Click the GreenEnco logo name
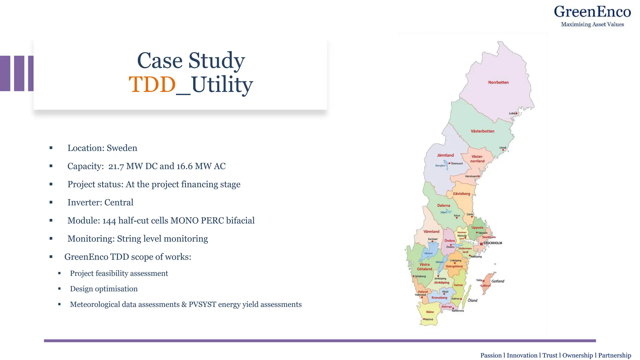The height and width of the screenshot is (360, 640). [x=592, y=12]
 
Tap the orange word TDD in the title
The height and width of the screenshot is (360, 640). [x=152, y=84]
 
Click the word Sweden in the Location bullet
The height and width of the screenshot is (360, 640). [x=122, y=148]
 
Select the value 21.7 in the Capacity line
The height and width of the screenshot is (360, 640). [x=116, y=166]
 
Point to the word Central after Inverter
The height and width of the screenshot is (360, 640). [x=119, y=202]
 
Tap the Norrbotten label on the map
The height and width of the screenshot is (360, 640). [x=498, y=82]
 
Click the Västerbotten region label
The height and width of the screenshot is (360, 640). [x=482, y=131]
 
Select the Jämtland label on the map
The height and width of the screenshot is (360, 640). [x=445, y=155]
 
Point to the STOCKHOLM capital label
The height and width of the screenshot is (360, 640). [x=492, y=243]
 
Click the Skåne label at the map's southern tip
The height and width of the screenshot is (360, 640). [x=430, y=312]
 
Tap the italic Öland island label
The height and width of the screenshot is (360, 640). [x=472, y=301]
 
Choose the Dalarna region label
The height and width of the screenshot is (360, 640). [x=443, y=206]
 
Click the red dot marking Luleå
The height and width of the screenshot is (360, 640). [x=516, y=113]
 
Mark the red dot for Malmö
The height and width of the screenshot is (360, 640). [x=424, y=319]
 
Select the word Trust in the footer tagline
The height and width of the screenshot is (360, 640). [x=550, y=356]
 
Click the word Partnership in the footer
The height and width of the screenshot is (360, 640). [x=614, y=356]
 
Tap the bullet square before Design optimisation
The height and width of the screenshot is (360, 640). [x=59, y=289]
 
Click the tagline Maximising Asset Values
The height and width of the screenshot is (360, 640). [x=592, y=24]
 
